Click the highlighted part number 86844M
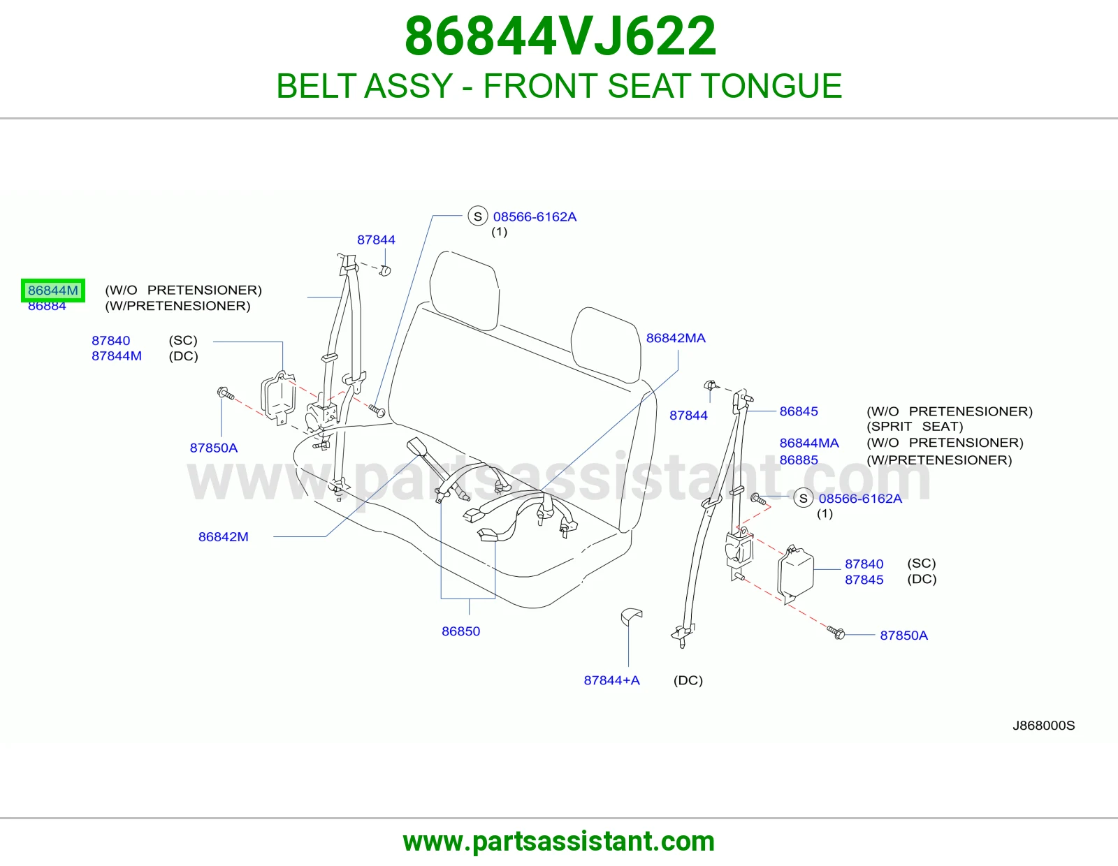53,291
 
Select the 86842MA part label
676,338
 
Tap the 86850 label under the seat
460,631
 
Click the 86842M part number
224,536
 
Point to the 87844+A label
611,680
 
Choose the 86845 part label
799,411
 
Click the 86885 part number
799,460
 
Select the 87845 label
864,580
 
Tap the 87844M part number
116,356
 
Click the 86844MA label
808,443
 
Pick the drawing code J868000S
1043,725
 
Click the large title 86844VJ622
560,36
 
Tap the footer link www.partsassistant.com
559,842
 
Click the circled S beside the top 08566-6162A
477,216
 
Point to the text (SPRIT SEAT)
915,426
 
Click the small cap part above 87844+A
631,617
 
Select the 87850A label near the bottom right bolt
903,635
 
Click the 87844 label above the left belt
376,240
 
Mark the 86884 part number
47,307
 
